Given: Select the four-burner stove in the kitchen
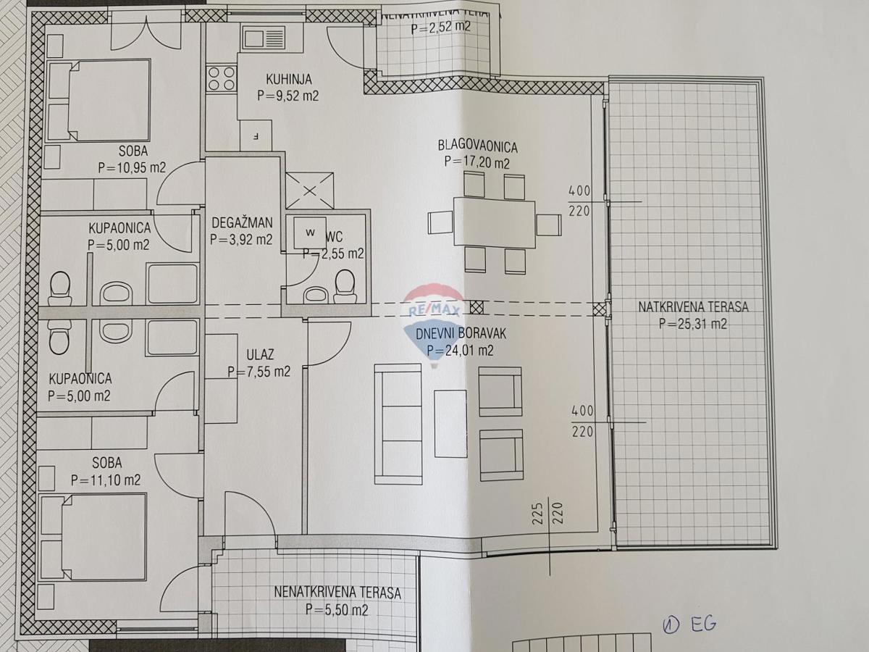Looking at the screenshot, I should (x=222, y=78).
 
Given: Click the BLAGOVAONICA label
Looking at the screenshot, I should (x=477, y=146).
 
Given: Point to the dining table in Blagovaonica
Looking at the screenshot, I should (x=494, y=222).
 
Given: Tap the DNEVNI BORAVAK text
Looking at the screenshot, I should (x=460, y=334).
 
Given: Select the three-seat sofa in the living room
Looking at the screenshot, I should (x=398, y=424).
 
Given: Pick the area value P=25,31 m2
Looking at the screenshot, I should (x=693, y=324).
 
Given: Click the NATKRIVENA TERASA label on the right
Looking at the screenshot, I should (x=693, y=306).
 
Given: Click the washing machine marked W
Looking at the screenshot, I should (x=310, y=233).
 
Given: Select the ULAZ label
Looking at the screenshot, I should (x=259, y=355).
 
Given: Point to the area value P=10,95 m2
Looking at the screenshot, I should (x=132, y=167).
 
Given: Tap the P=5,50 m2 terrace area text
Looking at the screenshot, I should (x=337, y=610).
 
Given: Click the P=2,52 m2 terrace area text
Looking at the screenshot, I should (x=441, y=29).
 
